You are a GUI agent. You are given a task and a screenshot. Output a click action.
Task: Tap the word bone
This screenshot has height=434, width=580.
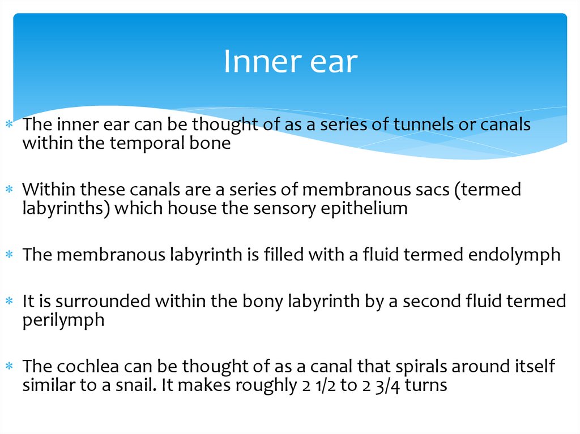tap(212, 143)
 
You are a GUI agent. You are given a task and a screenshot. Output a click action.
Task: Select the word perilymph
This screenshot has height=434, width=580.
tap(63, 320)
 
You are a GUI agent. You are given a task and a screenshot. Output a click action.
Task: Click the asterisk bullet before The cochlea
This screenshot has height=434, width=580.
tap(8, 367)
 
